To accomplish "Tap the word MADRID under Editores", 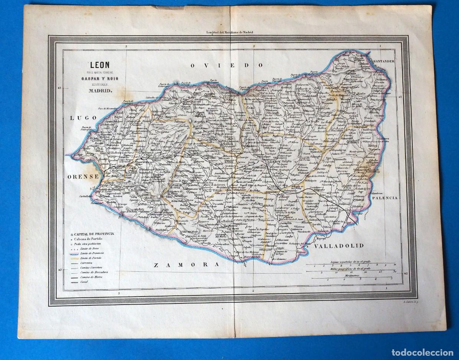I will [100, 91].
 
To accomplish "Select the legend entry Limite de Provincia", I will [90, 253].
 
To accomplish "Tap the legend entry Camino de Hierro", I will [88, 276].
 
